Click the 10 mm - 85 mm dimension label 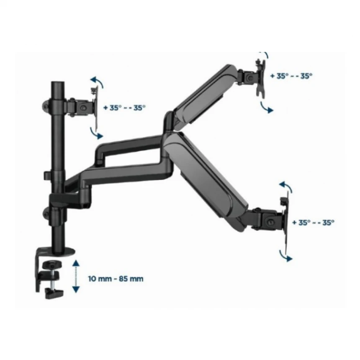pyautogui.click(x=116, y=279)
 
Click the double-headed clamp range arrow pyautogui.click(x=76, y=276)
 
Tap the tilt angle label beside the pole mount pyautogui.click(x=124, y=108)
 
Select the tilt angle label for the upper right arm pyautogui.click(x=291, y=76)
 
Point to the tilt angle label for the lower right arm pyautogui.click(x=313, y=222)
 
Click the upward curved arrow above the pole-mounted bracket pyautogui.click(x=98, y=82)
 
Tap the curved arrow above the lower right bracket pyautogui.click(x=286, y=186)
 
